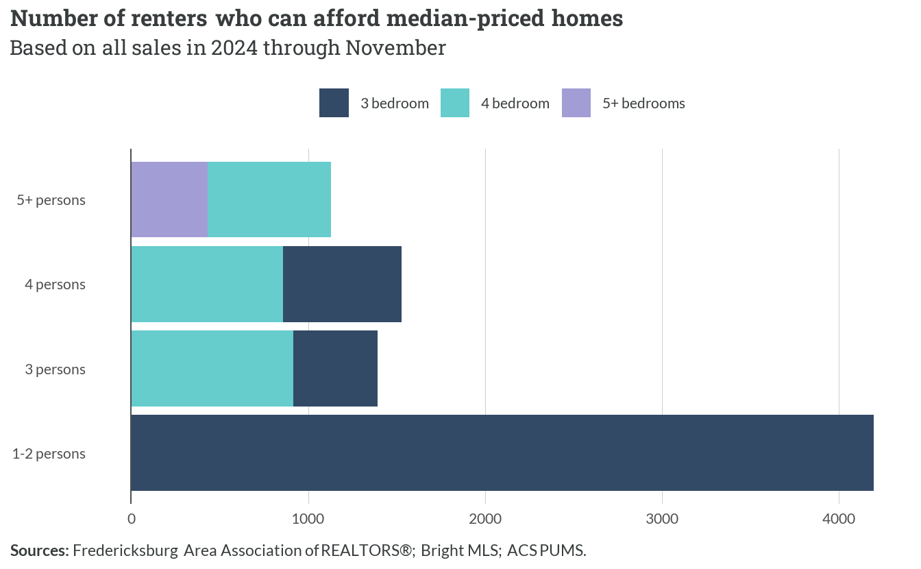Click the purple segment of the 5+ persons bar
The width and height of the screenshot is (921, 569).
pos(169,199)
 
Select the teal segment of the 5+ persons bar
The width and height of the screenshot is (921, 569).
pos(269,199)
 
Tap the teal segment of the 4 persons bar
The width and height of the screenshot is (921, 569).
pos(207,284)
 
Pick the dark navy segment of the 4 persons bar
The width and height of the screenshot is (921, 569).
pos(342,284)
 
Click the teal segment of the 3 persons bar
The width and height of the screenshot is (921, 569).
pos(212,368)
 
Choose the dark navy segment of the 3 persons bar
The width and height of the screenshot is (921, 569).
pos(335,368)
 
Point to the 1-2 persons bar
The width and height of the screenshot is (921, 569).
pos(502,452)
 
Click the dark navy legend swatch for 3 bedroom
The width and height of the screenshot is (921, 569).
pos(334,103)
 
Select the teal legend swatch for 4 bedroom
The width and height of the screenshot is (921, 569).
pos(455,103)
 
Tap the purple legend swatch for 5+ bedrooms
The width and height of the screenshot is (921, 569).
pos(576,103)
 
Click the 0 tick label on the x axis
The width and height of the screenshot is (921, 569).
pos(131,519)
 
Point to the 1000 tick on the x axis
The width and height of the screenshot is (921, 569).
pos(308,519)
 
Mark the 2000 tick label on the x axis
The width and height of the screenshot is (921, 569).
pos(485,519)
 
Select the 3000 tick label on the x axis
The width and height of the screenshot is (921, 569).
pos(662,519)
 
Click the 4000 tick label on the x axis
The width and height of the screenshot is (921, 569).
pos(839,519)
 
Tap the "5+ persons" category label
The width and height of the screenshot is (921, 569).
pos(51,200)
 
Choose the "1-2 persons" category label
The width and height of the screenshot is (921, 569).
pos(49,454)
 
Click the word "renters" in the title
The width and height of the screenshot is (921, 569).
pos(169,19)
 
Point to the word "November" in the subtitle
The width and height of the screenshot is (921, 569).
pos(395,48)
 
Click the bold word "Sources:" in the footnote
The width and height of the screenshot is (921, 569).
pos(40,550)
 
